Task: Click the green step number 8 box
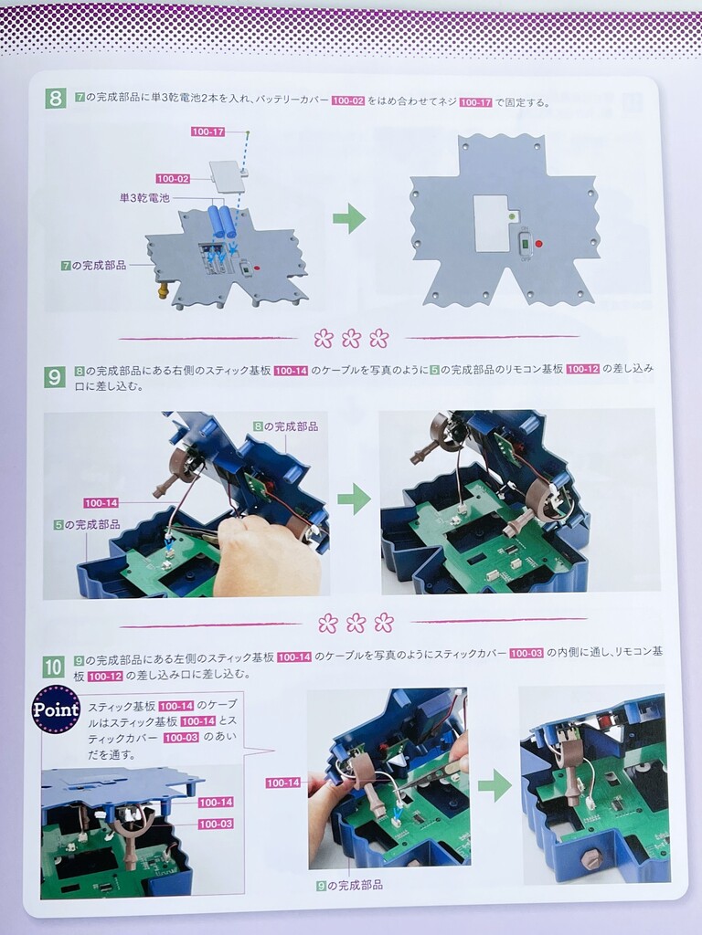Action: pos(55,98)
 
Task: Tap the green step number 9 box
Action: pos(54,376)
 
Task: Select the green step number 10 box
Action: pos(53,666)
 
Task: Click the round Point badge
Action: pos(56,709)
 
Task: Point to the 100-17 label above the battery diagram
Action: pos(208,131)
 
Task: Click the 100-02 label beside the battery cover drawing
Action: pos(173,178)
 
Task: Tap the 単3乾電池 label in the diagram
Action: pos(144,197)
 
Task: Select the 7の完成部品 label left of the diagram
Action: pos(94,266)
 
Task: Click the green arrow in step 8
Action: pos(349,217)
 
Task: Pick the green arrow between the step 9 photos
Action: pos(354,499)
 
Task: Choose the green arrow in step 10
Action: pos(495,785)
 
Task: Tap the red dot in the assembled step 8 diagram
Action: pos(539,244)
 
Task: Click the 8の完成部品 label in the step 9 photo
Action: pos(285,426)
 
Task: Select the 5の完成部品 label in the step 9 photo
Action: pos(87,525)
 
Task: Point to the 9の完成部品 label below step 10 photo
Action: pos(349,886)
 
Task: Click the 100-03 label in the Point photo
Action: pos(216,825)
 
